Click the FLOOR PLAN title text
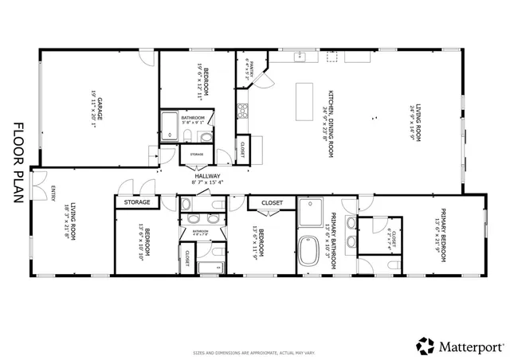pyautogui.click(x=18, y=164)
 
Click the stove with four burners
pyautogui.click(x=243, y=111)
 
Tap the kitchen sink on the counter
pyautogui.click(x=301, y=57)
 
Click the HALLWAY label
pyautogui.click(x=207, y=176)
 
